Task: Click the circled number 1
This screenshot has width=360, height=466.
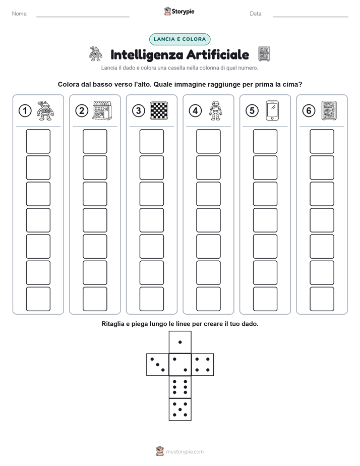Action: (25, 111)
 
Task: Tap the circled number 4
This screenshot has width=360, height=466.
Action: (195, 111)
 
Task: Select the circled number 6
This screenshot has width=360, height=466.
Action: (309, 111)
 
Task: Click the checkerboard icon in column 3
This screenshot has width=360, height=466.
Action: (159, 110)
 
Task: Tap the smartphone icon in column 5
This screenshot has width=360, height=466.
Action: (272, 110)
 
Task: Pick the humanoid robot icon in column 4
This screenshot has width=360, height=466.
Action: (215, 110)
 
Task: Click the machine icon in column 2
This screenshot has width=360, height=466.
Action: (102, 110)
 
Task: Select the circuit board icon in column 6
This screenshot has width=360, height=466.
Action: (329, 110)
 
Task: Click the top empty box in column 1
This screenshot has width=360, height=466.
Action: (38, 141)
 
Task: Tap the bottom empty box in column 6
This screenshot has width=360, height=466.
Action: (322, 299)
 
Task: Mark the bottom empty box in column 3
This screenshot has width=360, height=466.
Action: (152, 299)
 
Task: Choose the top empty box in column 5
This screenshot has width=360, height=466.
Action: (265, 141)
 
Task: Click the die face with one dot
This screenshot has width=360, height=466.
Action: (180, 342)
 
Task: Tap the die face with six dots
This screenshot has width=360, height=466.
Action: (180, 387)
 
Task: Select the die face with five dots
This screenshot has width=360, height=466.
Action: (180, 410)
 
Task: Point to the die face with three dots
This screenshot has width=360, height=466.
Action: (158, 365)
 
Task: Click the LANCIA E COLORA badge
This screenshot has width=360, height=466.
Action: (179, 39)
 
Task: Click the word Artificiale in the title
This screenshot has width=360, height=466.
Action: (217, 54)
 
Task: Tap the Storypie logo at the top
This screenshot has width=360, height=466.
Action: (179, 11)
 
